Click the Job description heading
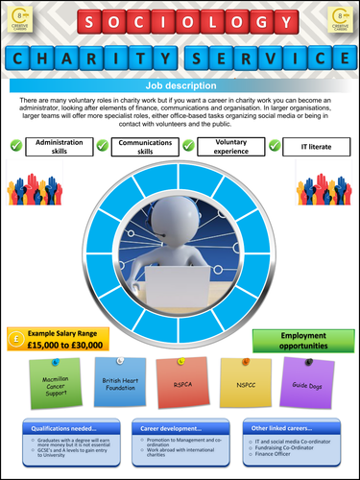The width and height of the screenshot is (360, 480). click(180, 84)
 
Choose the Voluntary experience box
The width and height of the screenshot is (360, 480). click(230, 146)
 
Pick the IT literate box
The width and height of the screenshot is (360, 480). click(313, 146)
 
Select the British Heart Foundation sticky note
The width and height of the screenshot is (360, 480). click(119, 381)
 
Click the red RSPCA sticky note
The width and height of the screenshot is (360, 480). click(179, 381)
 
